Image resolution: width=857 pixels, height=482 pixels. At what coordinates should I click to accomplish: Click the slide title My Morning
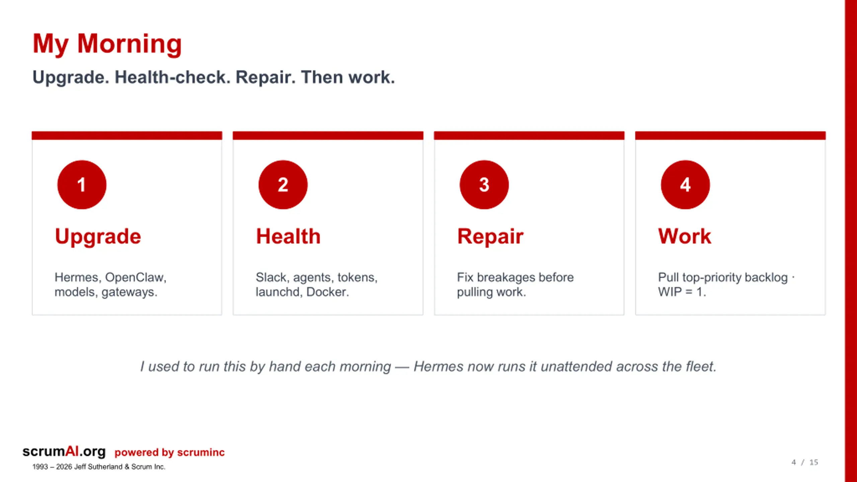click(x=107, y=44)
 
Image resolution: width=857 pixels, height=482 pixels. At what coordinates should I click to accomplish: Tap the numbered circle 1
click(x=82, y=185)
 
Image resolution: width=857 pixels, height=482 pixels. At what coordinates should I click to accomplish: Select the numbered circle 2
click(x=283, y=185)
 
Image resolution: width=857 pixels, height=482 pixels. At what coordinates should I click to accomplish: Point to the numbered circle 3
click(x=484, y=185)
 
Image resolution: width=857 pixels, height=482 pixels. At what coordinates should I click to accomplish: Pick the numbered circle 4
click(x=685, y=185)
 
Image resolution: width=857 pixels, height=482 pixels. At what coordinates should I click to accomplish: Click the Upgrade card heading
click(x=98, y=237)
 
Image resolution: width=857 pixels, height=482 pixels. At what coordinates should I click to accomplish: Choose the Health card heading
click(x=288, y=236)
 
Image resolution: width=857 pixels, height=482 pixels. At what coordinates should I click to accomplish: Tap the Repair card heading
click(x=490, y=237)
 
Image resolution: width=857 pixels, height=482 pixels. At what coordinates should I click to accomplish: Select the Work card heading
click(x=685, y=236)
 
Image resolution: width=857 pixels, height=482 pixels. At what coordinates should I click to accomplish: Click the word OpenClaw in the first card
click(x=136, y=277)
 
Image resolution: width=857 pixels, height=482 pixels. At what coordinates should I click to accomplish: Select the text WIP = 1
click(x=682, y=292)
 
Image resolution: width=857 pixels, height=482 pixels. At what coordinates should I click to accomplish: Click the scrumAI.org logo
click(x=64, y=452)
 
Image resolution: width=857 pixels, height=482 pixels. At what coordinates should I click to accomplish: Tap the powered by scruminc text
click(x=169, y=453)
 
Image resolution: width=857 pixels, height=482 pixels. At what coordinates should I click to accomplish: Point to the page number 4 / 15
click(x=805, y=462)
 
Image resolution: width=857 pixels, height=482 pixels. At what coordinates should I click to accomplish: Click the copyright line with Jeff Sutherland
click(x=99, y=467)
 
